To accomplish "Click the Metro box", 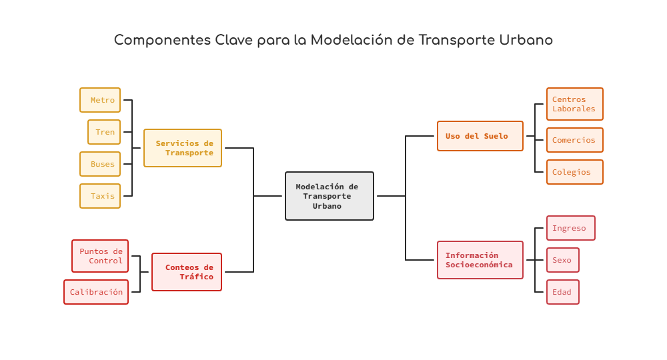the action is [x=100, y=100].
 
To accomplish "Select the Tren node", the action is [x=104, y=132].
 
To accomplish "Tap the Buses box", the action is [x=100, y=163].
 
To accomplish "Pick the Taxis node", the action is [x=100, y=196].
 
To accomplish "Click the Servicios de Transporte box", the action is [x=183, y=148].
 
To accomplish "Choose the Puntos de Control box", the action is [x=100, y=256].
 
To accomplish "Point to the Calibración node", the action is [x=96, y=292].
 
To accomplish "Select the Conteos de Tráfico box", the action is [x=187, y=272].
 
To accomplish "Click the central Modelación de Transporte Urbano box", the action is [x=329, y=196].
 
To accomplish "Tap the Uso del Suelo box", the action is [x=480, y=136].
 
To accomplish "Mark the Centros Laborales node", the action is [x=575, y=104].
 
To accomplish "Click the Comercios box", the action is [x=575, y=140].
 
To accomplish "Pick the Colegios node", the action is [x=575, y=172].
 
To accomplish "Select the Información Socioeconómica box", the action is [x=480, y=260].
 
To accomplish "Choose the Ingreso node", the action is [x=571, y=228].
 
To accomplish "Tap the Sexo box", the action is [x=563, y=260].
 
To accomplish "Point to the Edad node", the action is [x=563, y=292].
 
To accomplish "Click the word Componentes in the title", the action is [x=163, y=41].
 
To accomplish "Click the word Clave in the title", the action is [x=234, y=40].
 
